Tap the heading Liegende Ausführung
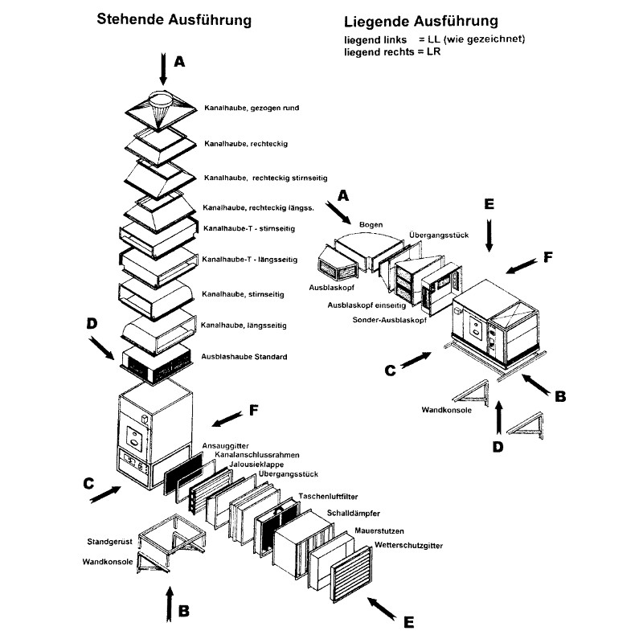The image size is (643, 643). [x=420, y=21]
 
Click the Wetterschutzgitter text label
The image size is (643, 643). [x=408, y=547]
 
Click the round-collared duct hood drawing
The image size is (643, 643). [x=161, y=108]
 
